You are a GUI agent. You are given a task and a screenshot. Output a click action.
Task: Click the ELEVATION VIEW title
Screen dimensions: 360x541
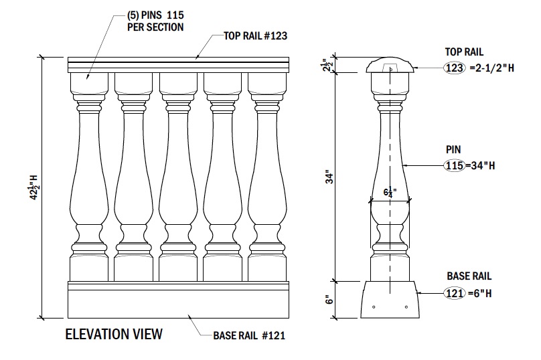pyautogui.click(x=113, y=334)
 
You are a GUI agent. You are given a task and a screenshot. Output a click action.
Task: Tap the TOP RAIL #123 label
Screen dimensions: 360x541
pyautogui.click(x=255, y=36)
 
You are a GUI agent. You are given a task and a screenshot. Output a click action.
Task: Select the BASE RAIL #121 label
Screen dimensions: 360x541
pyautogui.click(x=249, y=335)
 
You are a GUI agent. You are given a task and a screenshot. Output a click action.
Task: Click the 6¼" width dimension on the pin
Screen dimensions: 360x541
pyautogui.click(x=390, y=192)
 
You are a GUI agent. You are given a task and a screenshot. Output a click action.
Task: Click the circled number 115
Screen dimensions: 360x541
pyautogui.click(x=453, y=165)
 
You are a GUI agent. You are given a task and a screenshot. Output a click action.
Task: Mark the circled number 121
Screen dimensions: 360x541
pyautogui.click(x=453, y=292)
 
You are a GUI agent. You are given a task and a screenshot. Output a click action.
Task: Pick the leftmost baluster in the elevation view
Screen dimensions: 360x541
pyautogui.click(x=89, y=174)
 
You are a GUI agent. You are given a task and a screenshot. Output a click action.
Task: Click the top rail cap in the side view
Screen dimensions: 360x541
pyautogui.click(x=390, y=65)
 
